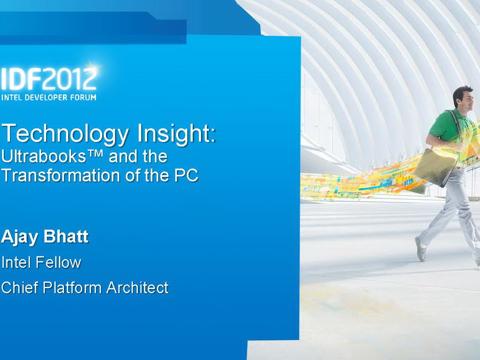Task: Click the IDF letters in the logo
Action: pos(21,78)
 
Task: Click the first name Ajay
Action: pos(20,238)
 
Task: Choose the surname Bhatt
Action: pos(66,236)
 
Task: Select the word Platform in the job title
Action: pos(72,287)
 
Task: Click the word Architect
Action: pos(137,287)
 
